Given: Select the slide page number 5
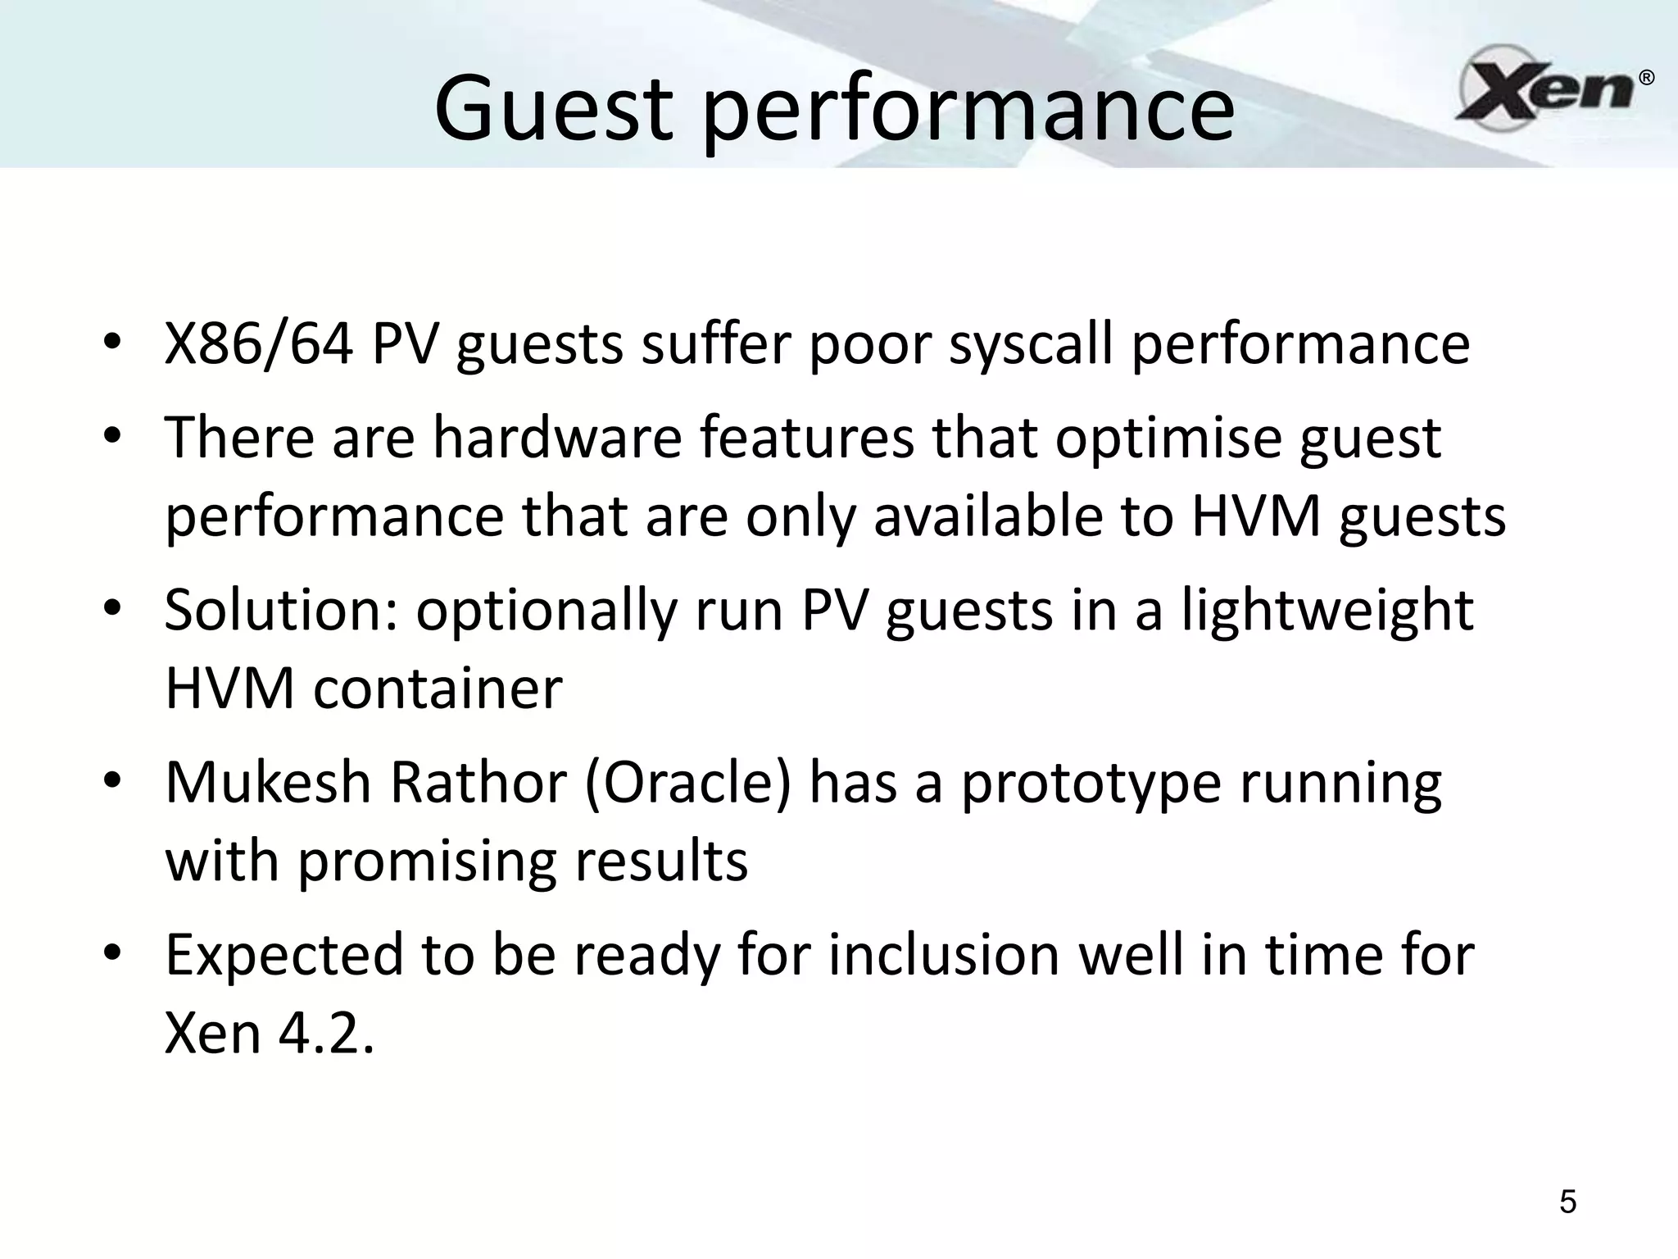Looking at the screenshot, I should tap(1567, 1202).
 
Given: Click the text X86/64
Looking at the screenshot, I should tap(258, 344).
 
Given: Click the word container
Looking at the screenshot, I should tap(438, 689).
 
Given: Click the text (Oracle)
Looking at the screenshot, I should tap(689, 784).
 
